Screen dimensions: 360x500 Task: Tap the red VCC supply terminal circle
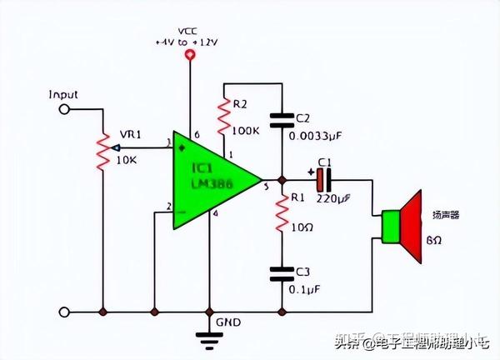coord(191,56)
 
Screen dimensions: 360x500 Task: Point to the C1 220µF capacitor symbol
coord(324,179)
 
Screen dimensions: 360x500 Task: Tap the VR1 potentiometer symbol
coord(103,152)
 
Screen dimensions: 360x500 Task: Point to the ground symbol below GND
coord(207,336)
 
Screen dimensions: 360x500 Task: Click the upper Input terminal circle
coord(63,108)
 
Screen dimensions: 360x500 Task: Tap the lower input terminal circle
coord(63,312)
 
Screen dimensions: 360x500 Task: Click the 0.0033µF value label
coord(318,134)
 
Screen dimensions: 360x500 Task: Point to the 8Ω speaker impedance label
coord(434,240)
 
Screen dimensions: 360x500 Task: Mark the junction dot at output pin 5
coord(283,179)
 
